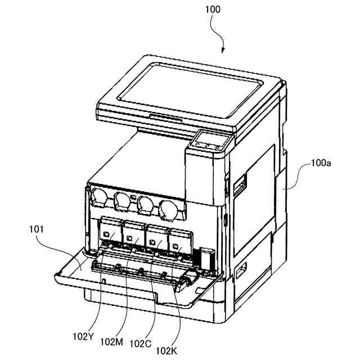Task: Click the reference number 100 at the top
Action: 213,10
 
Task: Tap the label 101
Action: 35,229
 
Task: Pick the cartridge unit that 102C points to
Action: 157,237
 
